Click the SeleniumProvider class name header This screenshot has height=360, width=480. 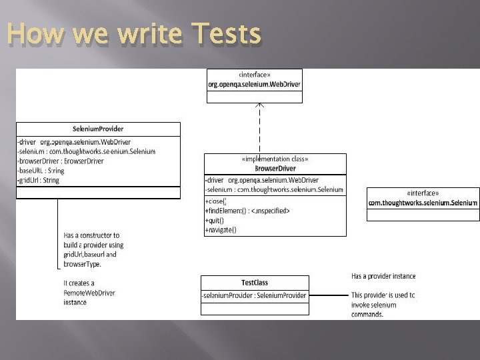click(98, 129)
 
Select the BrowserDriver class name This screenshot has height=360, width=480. click(275, 169)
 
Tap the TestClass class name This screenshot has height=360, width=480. click(254, 283)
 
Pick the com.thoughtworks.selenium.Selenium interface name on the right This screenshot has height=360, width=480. click(423, 203)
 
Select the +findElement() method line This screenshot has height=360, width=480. click(247, 211)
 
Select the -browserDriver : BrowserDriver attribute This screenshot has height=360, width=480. click(61, 161)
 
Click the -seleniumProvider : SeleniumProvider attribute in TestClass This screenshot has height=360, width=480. click(255, 295)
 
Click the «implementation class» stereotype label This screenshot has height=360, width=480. click(275, 159)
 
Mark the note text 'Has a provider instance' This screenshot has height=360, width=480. click(383, 276)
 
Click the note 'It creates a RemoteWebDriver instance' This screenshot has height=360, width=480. click(89, 293)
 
